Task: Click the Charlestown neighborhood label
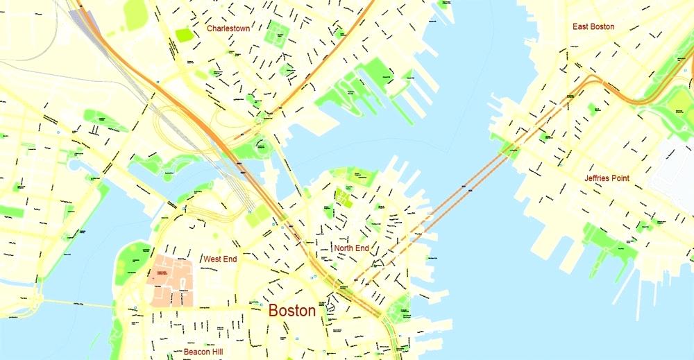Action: pyautogui.click(x=228, y=29)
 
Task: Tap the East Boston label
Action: pyautogui.click(x=593, y=26)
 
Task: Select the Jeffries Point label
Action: pyautogui.click(x=607, y=178)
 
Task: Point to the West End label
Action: pyautogui.click(x=220, y=259)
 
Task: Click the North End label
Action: pyautogui.click(x=351, y=248)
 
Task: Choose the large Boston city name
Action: pyautogui.click(x=291, y=311)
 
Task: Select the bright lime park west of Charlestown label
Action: pyautogui.click(x=185, y=34)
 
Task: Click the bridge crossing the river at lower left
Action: pyautogui.click(x=69, y=303)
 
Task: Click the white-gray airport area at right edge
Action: pyautogui.click(x=673, y=173)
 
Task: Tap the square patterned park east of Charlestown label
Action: pyautogui.click(x=278, y=29)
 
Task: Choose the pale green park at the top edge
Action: pyautogui.click(x=136, y=12)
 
